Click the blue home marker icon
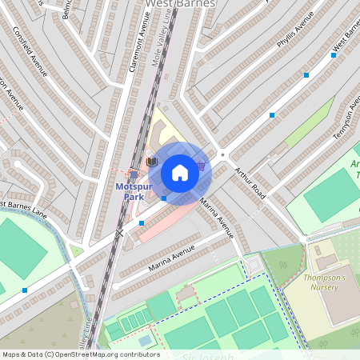tap(180, 172)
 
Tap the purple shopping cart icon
tap(200, 165)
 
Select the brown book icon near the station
tap(153, 162)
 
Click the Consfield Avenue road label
tap(30, 51)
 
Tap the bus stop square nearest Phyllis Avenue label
tap(306, 75)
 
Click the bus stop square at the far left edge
tap(25, 290)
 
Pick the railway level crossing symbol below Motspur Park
tap(118, 234)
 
